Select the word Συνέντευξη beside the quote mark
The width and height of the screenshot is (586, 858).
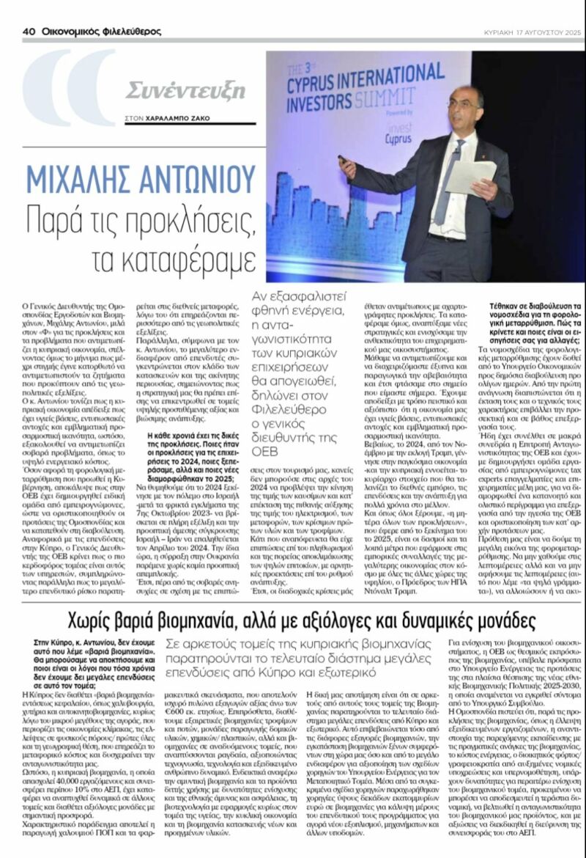pyautogui.click(x=185, y=91)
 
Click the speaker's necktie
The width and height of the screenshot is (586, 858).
pyautogui.click(x=448, y=183)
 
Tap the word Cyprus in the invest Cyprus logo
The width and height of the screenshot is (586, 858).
pyautogui.click(x=399, y=136)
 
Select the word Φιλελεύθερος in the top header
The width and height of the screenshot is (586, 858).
pyautogui.click(x=122, y=32)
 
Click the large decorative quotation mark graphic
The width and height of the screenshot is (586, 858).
pyautogui.click(x=70, y=88)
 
